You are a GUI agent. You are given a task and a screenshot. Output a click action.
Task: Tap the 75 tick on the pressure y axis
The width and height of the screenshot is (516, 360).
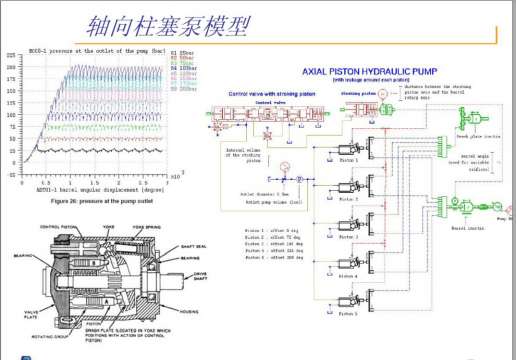tap(13, 127)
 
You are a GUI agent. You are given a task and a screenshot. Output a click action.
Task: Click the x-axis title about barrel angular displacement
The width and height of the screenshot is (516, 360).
tap(86, 189)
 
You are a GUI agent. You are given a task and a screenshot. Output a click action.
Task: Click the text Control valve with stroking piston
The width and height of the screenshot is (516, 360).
tap(270, 93)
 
